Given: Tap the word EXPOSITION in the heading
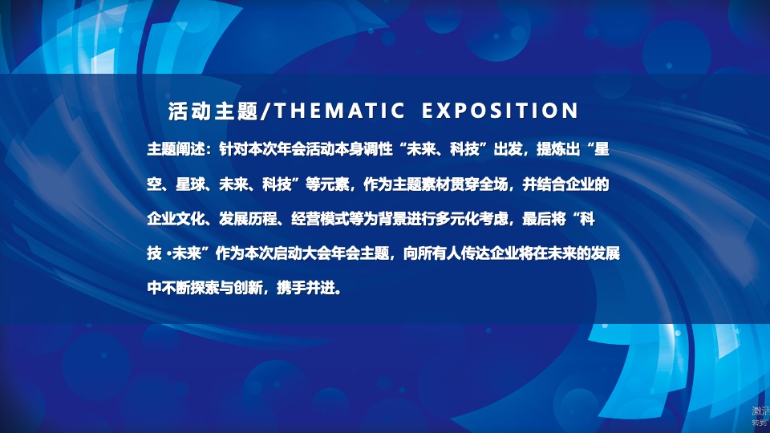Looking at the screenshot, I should point(499,111).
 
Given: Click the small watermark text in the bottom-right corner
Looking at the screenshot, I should point(760,415).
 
